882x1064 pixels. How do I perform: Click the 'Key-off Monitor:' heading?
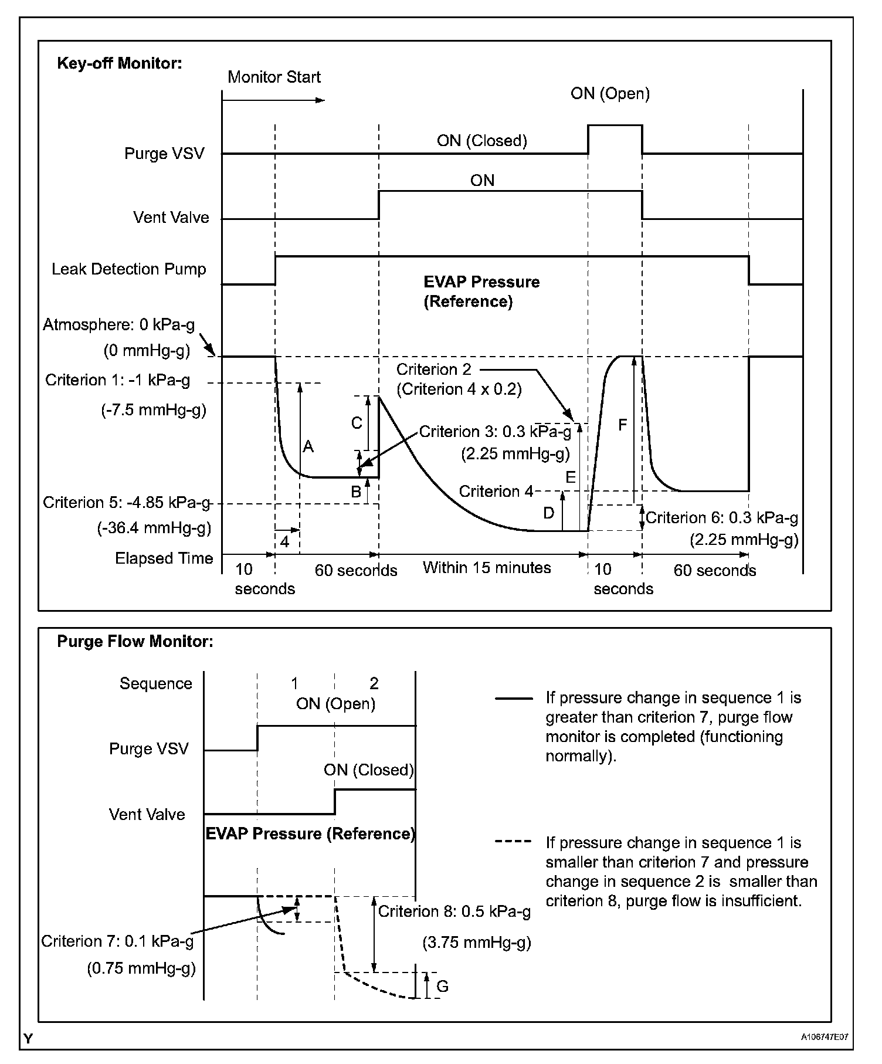120,63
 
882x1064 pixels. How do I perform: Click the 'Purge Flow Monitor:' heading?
135,642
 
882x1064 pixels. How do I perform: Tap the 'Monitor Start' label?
274,77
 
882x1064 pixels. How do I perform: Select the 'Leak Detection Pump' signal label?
129,269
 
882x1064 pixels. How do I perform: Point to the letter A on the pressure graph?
308,447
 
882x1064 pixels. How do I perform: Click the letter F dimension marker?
622,425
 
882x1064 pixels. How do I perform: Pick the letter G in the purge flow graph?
442,986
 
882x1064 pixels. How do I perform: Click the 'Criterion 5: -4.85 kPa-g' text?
126,503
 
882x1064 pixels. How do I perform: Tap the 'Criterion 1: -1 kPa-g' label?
118,381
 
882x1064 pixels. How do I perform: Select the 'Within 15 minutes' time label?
487,568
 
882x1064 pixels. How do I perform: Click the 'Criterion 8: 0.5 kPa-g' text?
454,911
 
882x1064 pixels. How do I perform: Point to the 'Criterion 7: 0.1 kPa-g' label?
117,941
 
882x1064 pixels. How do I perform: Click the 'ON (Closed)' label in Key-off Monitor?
481,141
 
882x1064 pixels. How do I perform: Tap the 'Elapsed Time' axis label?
164,558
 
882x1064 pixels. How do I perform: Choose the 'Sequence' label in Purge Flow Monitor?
156,684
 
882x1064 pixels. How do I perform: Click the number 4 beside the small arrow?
284,542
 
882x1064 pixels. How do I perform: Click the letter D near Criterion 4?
549,513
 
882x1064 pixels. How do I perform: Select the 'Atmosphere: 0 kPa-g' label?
118,325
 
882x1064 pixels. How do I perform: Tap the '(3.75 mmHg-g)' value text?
477,943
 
